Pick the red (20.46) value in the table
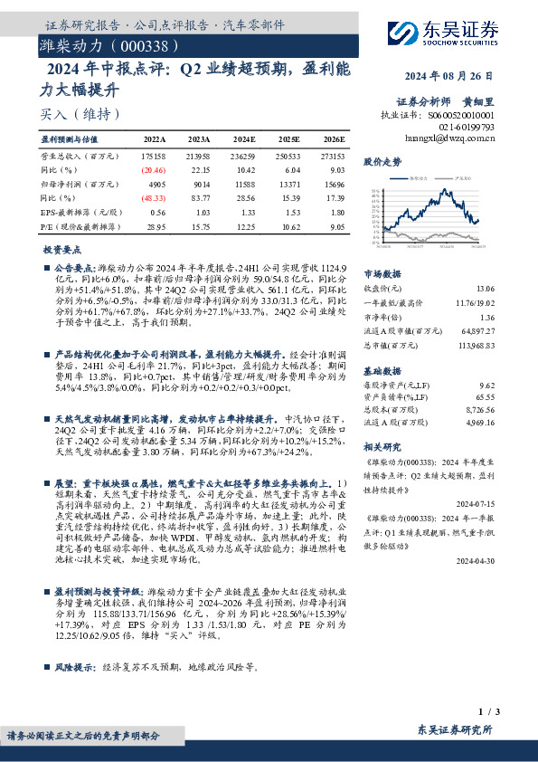click(154, 169)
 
